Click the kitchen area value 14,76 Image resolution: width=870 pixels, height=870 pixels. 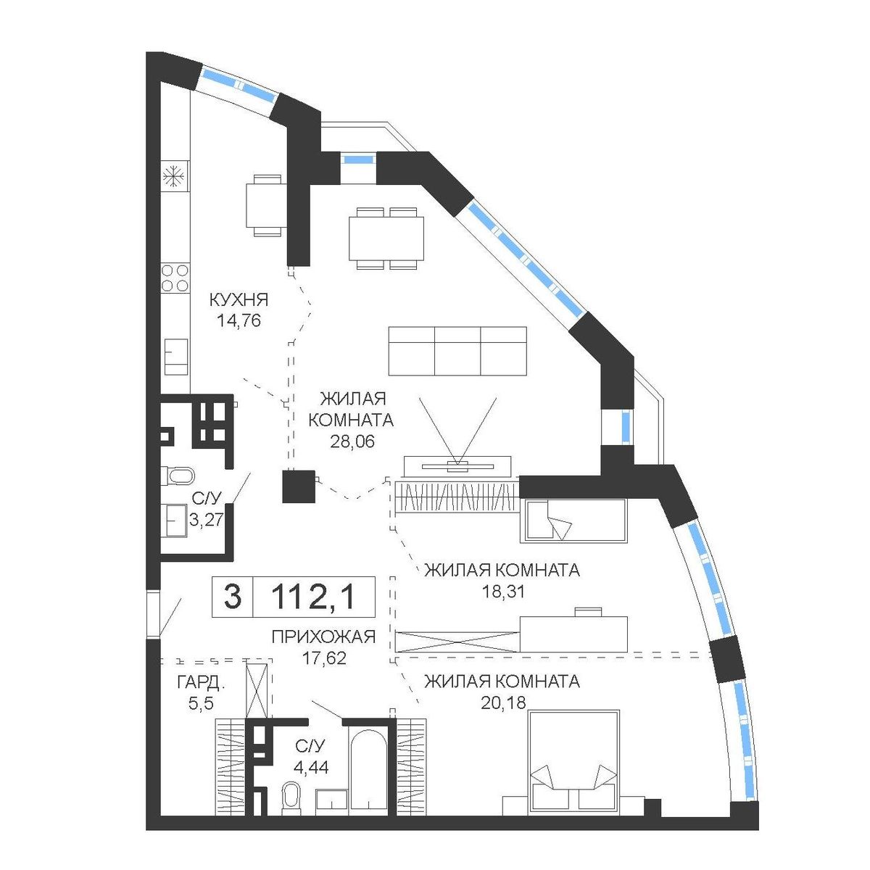(x=239, y=321)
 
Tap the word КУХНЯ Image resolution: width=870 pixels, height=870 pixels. (x=239, y=299)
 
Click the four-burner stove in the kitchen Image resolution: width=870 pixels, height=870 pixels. (x=175, y=278)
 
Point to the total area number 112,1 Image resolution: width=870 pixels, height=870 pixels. (x=314, y=597)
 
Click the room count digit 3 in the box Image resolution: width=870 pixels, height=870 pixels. (x=233, y=597)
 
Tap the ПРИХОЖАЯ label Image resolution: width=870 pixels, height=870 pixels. (x=323, y=637)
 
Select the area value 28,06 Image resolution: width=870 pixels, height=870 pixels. (x=352, y=441)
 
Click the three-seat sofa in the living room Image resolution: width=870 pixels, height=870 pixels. (x=457, y=351)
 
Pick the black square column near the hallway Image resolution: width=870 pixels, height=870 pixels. (x=299, y=486)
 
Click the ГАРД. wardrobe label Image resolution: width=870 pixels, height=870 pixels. (x=200, y=683)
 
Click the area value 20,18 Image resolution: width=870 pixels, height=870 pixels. (x=502, y=703)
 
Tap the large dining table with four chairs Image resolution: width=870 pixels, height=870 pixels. (x=386, y=239)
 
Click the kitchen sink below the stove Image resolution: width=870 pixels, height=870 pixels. (x=175, y=357)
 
